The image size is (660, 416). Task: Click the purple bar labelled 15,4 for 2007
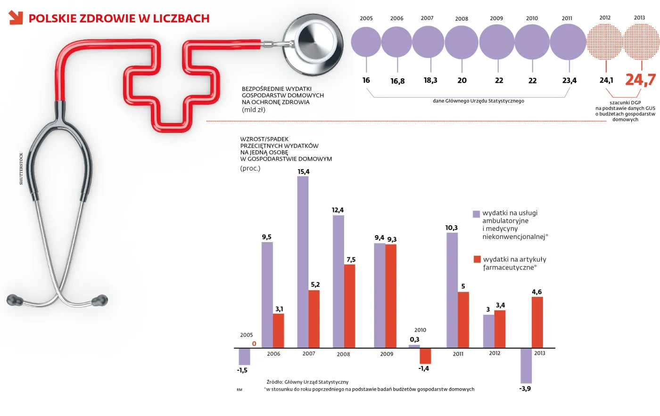coord(303,262)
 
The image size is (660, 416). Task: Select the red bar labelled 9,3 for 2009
coord(391,296)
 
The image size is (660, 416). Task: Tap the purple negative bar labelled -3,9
coord(526,366)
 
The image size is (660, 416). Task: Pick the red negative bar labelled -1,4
coord(425,356)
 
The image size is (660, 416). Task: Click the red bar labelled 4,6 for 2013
coord(537,322)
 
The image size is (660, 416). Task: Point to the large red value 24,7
coord(640,80)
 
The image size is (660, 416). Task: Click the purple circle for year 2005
coord(366,42)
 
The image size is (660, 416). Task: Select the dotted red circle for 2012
coord(605,42)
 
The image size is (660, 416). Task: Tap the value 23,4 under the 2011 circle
coord(569,81)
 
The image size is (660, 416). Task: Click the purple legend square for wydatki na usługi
coord(476,214)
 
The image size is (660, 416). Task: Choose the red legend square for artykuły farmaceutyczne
coord(477,260)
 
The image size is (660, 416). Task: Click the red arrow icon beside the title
coord(16,18)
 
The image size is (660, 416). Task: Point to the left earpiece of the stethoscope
coord(15,300)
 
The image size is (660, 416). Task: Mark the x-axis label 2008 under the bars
coord(343,354)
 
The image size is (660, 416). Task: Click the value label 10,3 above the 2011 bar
coord(451,228)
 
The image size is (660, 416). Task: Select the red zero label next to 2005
coord(254,344)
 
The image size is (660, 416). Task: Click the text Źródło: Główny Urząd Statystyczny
coord(307,382)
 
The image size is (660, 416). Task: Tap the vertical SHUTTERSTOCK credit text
coord(21,169)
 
